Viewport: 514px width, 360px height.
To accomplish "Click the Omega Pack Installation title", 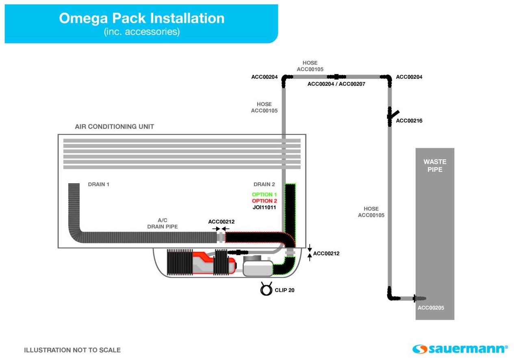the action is (141, 18).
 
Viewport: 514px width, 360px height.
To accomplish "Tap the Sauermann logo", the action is (460, 349).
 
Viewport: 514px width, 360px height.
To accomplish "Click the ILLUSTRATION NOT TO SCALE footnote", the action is (72, 350).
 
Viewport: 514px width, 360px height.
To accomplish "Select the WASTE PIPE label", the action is (435, 165).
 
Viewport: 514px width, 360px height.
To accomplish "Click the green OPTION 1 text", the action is (265, 194).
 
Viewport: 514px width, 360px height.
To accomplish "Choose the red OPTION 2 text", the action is (265, 201).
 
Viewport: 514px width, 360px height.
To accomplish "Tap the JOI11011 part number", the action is (265, 207).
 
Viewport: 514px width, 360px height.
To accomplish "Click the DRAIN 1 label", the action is (99, 184).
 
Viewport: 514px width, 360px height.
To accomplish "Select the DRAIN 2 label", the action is (264, 184).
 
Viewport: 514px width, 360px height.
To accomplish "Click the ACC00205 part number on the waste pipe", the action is (431, 308).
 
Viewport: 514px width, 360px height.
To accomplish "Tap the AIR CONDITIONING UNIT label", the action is (114, 126).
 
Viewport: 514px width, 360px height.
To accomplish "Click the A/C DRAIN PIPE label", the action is (163, 223).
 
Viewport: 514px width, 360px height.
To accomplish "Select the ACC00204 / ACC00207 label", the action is (336, 84).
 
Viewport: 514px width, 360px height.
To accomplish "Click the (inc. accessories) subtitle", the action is (142, 32).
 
